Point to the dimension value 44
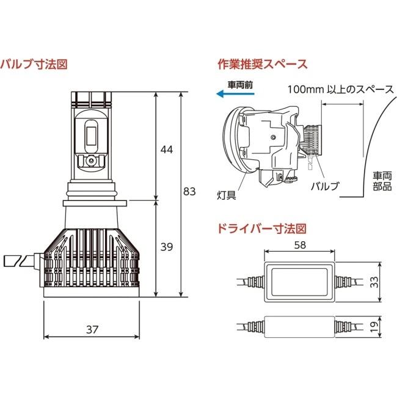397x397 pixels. point(167,150)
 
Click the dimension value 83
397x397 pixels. point(189,192)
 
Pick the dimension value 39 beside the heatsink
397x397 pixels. point(167,247)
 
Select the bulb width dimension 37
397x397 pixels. point(92,330)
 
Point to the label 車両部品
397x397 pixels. point(382,181)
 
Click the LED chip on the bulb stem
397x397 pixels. point(92,136)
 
